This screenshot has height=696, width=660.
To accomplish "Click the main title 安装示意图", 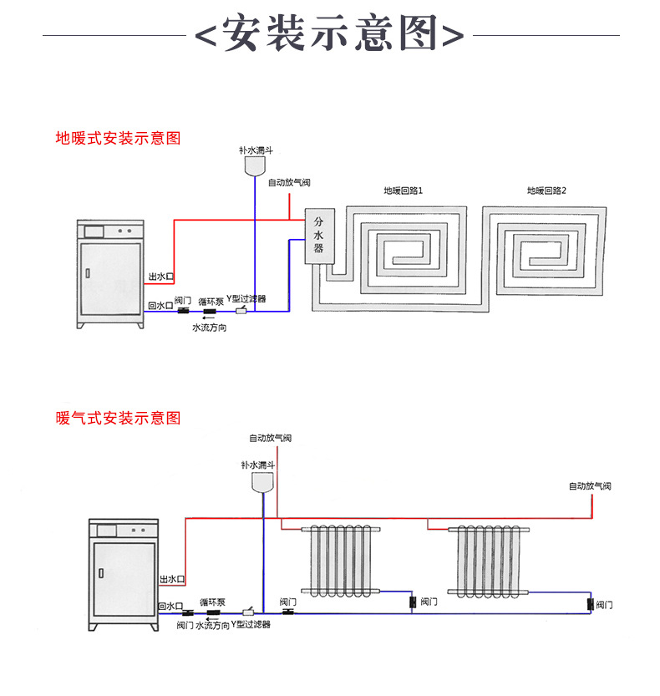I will click(329, 35).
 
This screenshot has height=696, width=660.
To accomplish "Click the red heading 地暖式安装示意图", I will click(118, 138).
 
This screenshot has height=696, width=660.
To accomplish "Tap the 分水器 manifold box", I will click(318, 236).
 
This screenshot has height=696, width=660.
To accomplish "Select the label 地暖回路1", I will click(404, 191).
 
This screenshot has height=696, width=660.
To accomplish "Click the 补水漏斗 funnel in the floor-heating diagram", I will click(256, 165).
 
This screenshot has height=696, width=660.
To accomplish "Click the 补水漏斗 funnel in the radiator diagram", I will click(264, 482).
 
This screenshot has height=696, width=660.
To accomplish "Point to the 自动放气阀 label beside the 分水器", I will click(288, 182).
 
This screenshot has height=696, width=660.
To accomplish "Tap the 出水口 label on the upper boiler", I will click(160, 277).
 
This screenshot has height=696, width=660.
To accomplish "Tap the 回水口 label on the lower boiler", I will click(170, 606).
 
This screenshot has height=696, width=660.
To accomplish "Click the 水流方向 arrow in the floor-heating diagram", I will click(207, 318).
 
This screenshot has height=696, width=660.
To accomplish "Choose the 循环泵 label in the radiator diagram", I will click(212, 602).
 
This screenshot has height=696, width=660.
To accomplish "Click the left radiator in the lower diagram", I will click(343, 561).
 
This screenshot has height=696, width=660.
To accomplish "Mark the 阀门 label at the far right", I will click(605, 603).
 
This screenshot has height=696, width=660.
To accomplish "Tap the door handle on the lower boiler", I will click(101, 572).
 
